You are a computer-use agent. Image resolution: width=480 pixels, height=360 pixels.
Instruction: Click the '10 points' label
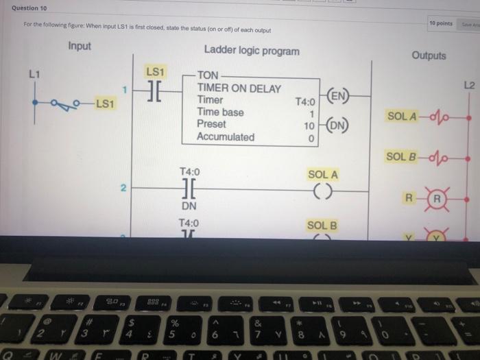[440, 23]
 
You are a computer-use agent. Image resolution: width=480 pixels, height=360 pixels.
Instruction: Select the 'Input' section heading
[80, 47]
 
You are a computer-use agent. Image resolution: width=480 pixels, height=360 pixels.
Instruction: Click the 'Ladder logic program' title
[252, 51]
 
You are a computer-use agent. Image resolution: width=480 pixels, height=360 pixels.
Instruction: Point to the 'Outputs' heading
[429, 56]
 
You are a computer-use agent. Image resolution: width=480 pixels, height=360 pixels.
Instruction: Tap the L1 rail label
[35, 73]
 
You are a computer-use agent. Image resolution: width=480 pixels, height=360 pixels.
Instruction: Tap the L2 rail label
[468, 86]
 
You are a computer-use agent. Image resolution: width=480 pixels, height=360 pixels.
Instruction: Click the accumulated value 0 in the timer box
[311, 139]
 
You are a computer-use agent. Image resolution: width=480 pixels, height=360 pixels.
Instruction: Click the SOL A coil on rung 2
[322, 191]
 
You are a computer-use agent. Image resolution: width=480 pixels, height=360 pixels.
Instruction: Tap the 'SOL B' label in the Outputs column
[400, 157]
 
